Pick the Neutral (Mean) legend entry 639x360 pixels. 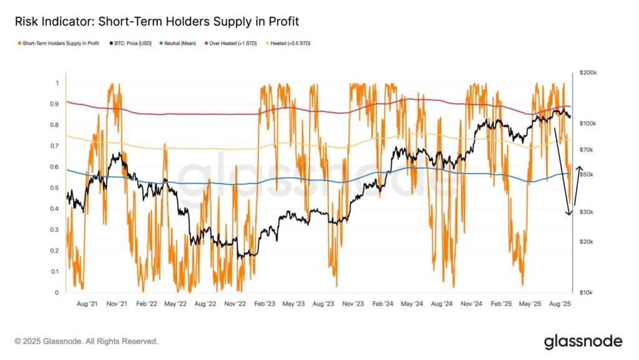coord(181,44)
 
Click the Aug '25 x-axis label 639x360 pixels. coord(560,304)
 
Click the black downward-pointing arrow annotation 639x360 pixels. coord(562,172)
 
